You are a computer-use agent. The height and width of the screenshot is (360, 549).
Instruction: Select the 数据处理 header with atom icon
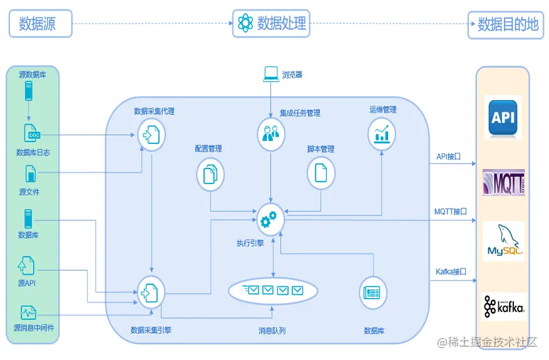[272, 24]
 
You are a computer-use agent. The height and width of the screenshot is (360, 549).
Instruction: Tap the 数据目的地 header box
[507, 24]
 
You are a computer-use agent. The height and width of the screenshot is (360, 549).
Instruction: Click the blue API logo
[504, 117]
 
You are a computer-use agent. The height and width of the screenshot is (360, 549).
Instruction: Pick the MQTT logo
[503, 182]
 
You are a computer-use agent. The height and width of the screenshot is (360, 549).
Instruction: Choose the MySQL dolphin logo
[504, 241]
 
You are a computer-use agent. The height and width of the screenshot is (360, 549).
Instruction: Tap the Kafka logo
[504, 306]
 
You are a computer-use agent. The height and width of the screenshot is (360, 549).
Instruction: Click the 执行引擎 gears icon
[270, 219]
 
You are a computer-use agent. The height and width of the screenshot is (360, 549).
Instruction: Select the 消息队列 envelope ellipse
[273, 291]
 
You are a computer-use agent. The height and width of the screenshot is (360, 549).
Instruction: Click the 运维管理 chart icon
[381, 133]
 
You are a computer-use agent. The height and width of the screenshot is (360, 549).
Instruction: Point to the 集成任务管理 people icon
[271, 133]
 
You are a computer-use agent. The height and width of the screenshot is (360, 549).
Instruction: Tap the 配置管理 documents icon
[210, 173]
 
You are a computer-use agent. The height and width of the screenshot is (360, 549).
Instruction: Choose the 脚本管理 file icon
[321, 172]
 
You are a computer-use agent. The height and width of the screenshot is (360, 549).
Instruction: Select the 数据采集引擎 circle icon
[151, 291]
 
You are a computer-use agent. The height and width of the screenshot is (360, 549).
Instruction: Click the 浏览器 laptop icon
[270, 75]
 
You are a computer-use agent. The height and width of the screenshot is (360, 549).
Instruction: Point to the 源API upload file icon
[26, 265]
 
